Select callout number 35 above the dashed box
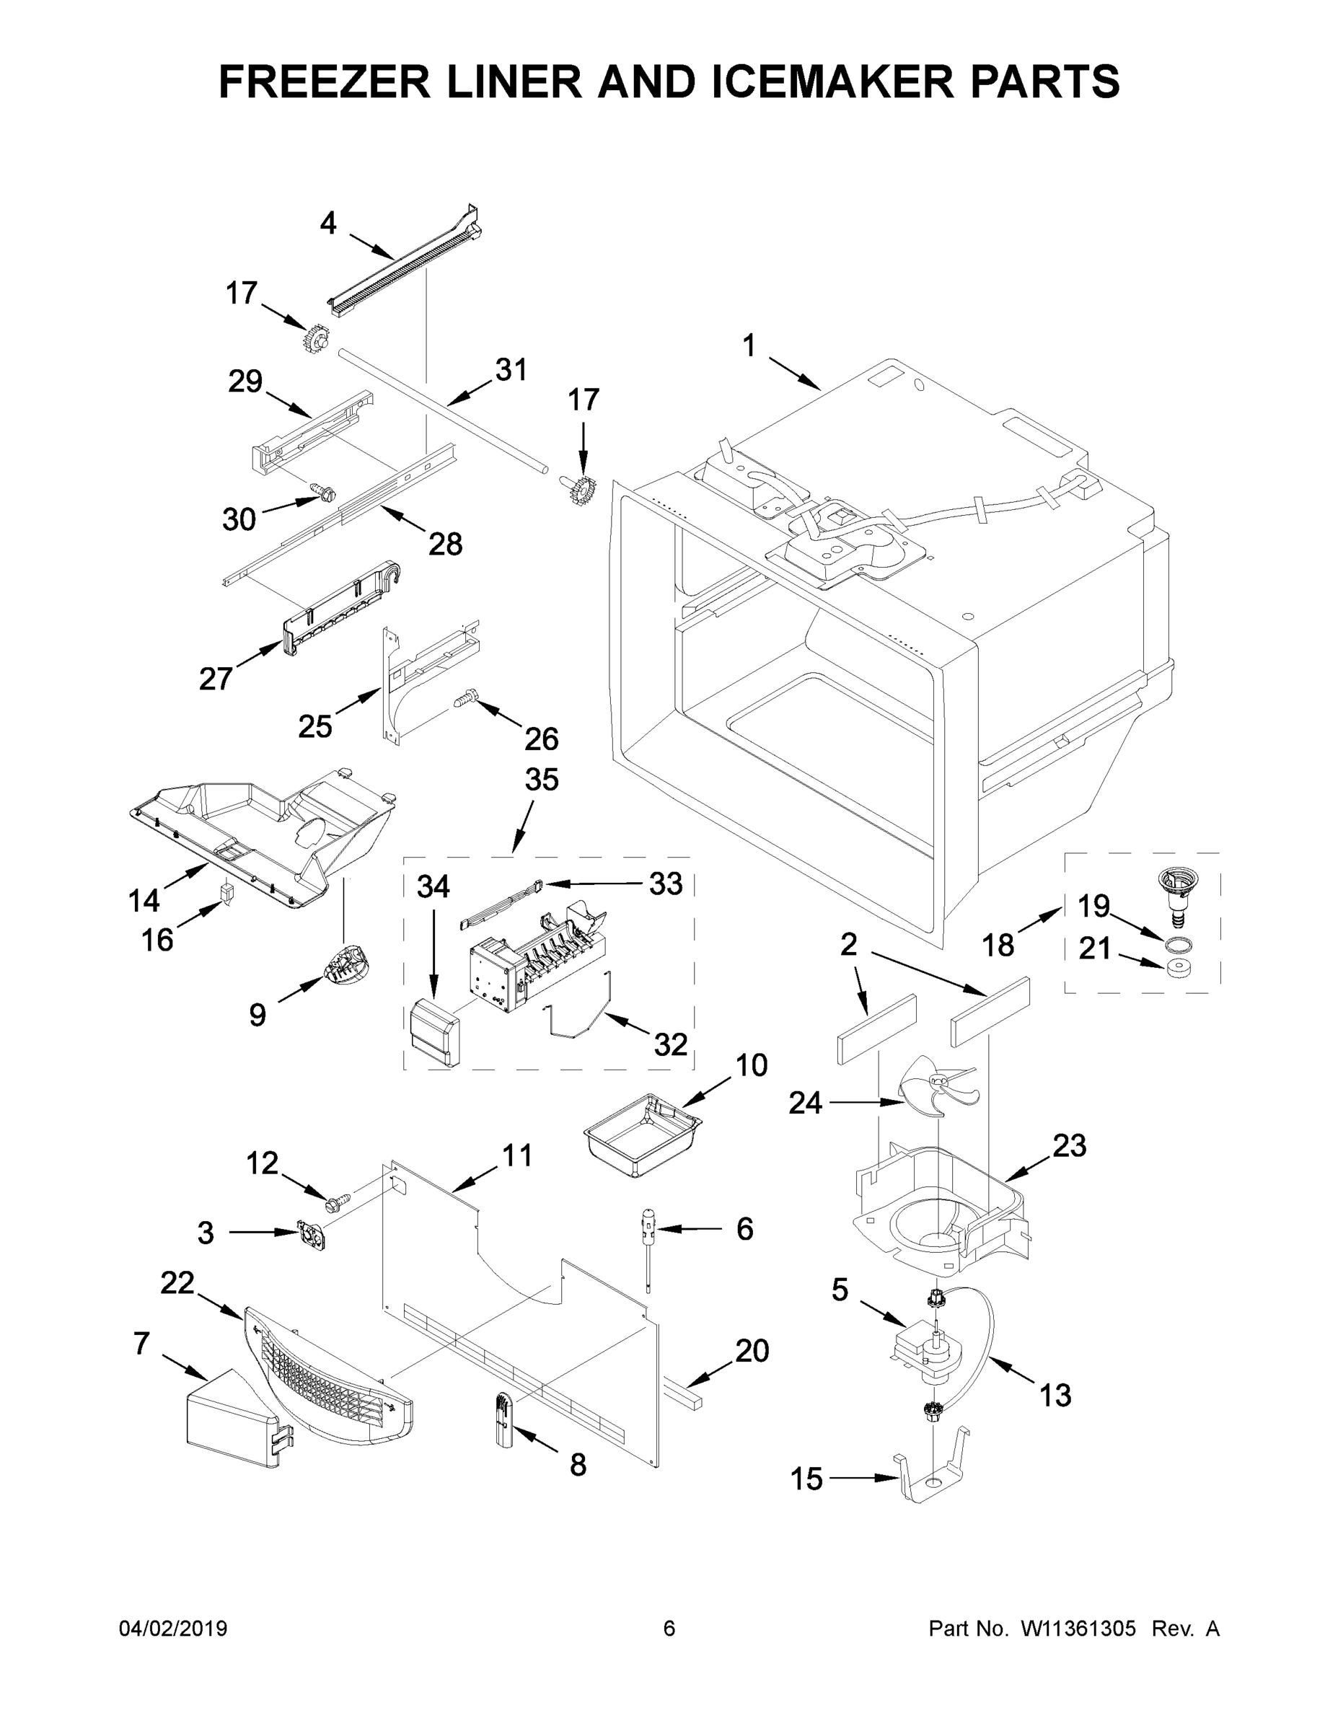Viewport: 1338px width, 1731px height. pos(542,779)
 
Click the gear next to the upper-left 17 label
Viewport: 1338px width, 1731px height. pos(315,340)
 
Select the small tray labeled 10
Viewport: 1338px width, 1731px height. pos(642,1144)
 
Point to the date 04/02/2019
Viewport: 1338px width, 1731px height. pos(173,1628)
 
